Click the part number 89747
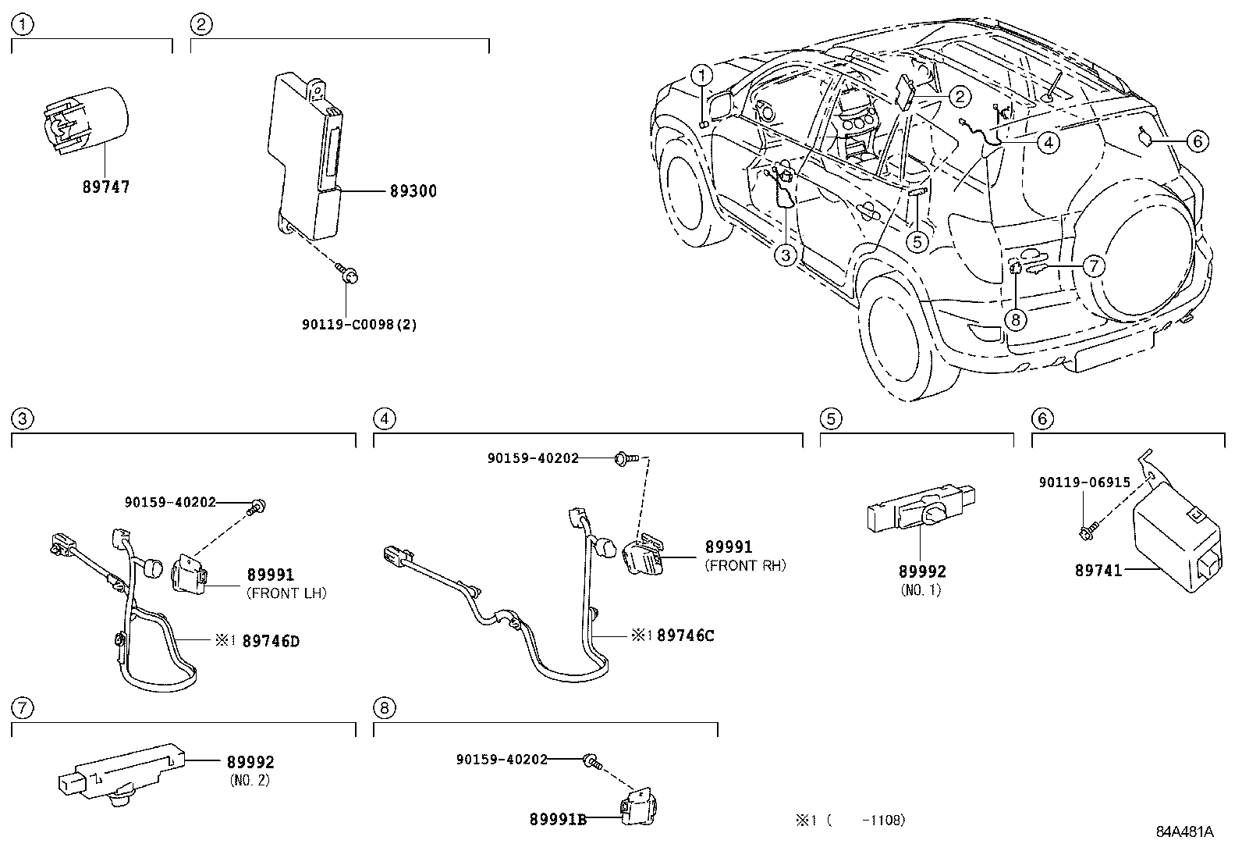pyautogui.click(x=106, y=187)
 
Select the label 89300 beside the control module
pyautogui.click(x=413, y=191)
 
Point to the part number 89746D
pyautogui.click(x=271, y=642)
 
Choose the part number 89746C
pyautogui.click(x=685, y=635)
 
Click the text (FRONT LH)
pyautogui.click(x=286, y=593)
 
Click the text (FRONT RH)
pyautogui.click(x=745, y=566)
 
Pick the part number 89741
pyautogui.click(x=1098, y=571)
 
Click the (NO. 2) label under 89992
pyautogui.click(x=250, y=780)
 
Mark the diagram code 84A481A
pyautogui.click(x=1184, y=832)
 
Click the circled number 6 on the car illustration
pyautogui.click(x=1198, y=141)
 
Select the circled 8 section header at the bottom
pyautogui.click(x=384, y=708)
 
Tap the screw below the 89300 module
pyautogui.click(x=349, y=274)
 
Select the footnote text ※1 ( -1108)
pyautogui.click(x=850, y=821)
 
